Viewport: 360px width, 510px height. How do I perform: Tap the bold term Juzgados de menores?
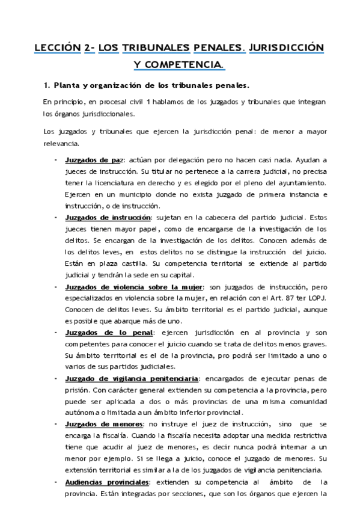tap(103, 425)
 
